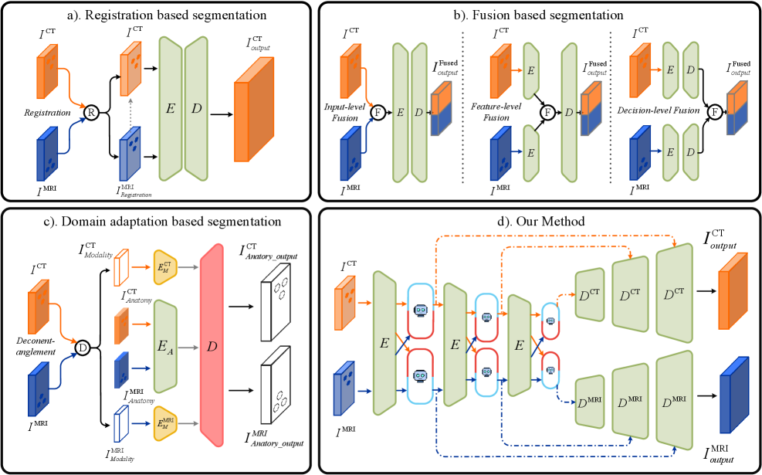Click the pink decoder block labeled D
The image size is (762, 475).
(212, 345)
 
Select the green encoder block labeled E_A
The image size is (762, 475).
(166, 346)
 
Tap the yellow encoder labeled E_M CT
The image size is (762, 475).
(165, 267)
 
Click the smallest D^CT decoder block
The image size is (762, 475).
(589, 294)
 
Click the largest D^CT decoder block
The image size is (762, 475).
(674, 293)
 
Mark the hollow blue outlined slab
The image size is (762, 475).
(120, 423)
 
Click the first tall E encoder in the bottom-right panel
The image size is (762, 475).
(384, 343)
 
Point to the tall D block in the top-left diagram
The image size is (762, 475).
(196, 108)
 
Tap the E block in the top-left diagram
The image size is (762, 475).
(170, 108)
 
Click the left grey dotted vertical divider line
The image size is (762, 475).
(462, 107)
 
